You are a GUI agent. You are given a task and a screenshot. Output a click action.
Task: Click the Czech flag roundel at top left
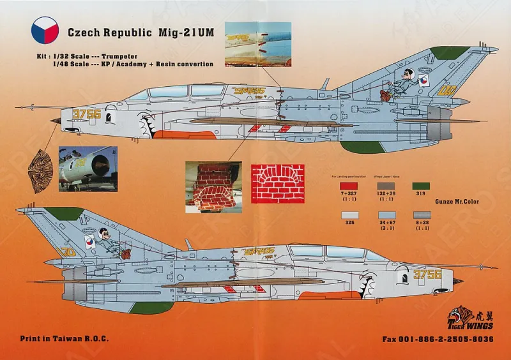45,31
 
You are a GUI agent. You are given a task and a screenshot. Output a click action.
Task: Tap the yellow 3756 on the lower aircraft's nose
427,274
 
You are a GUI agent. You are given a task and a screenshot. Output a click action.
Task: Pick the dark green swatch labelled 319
420,186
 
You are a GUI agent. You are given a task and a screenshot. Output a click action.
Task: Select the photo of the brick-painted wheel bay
213,187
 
